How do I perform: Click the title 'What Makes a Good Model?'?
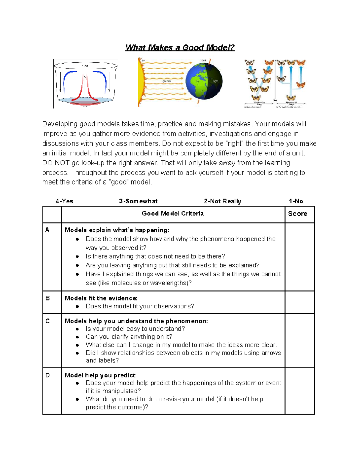180,48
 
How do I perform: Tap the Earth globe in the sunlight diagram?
204,81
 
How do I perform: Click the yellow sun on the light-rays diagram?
140,82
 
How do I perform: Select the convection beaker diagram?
85,83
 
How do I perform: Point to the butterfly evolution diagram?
275,83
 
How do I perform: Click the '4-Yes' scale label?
64,201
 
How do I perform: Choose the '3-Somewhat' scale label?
138,201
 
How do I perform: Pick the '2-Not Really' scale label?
222,201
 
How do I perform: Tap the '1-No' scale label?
296,201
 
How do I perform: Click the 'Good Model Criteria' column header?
173,214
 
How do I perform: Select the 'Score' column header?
298,214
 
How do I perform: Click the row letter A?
47,230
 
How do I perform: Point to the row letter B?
47,298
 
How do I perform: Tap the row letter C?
47,321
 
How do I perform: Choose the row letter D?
47,375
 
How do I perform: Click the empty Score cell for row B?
300,302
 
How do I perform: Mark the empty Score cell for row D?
300,391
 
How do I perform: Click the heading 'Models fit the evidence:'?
101,298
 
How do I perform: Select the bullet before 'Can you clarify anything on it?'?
77,337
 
